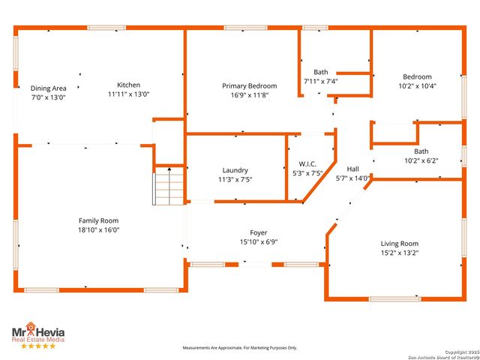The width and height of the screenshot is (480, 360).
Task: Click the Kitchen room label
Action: (128, 85)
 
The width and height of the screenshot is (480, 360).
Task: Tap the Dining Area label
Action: (48, 88)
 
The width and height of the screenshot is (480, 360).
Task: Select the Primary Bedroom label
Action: (250, 86)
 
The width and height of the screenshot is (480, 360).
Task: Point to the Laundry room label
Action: (235, 170)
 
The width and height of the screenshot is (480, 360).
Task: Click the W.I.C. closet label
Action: (307, 163)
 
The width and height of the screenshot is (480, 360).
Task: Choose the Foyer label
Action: (259, 232)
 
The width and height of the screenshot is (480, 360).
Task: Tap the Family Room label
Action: (99, 220)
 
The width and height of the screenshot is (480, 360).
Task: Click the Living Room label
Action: (400, 244)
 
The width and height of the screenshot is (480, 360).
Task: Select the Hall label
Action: (352, 169)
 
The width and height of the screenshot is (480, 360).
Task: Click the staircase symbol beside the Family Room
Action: (169, 187)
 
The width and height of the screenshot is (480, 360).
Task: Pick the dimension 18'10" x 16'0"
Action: (99, 230)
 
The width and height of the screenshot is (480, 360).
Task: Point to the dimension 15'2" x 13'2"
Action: (400, 253)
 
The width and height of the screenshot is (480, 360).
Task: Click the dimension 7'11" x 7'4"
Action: (321, 81)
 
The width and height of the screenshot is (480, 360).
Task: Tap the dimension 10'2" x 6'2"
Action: (421, 160)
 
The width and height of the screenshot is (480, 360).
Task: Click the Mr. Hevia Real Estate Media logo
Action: (37, 332)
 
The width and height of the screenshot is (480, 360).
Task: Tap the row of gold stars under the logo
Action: (37, 346)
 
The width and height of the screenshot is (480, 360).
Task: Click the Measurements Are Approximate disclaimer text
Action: (240, 348)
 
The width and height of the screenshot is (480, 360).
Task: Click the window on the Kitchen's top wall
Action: (106, 28)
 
